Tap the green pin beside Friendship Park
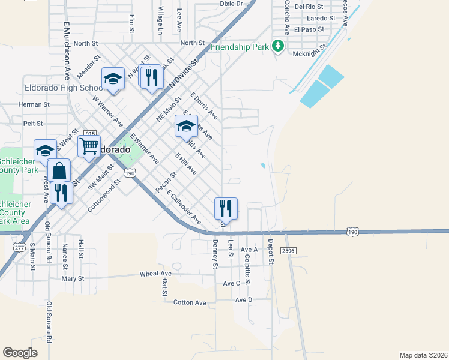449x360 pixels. [x=277, y=46]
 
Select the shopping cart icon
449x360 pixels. [x=89, y=145]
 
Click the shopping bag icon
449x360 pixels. [x=59, y=170]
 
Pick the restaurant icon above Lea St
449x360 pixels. [x=226, y=208]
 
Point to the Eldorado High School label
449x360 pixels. [x=64, y=88]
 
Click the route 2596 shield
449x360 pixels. [x=289, y=251]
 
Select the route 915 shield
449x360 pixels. [x=91, y=133]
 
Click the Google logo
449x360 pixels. [x=20, y=352]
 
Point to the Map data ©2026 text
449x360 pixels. [x=423, y=355]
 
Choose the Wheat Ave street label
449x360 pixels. [x=156, y=274]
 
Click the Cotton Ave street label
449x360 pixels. [x=190, y=303]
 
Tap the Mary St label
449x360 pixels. [x=73, y=278]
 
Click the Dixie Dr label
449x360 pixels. [x=231, y=4]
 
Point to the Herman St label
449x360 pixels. [x=34, y=104]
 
